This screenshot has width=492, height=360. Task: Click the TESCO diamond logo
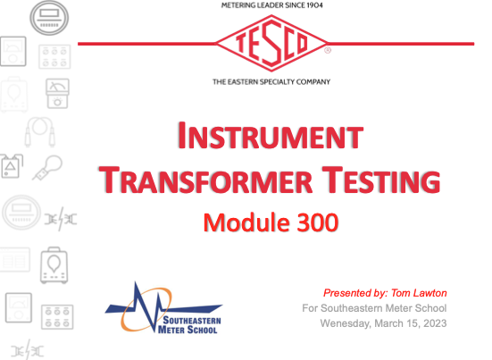(271, 43)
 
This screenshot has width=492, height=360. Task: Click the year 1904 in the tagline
(314, 5)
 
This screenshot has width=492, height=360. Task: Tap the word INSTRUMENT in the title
(271, 135)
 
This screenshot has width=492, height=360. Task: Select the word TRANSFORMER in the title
(205, 180)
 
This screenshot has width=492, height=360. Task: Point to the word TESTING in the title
(381, 180)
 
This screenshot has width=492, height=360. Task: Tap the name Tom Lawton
(419, 293)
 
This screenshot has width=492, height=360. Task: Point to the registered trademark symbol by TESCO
(328, 50)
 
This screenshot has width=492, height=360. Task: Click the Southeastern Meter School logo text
(189, 325)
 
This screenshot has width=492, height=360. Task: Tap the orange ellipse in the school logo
(146, 309)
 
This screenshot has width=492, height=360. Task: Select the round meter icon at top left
(49, 18)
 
